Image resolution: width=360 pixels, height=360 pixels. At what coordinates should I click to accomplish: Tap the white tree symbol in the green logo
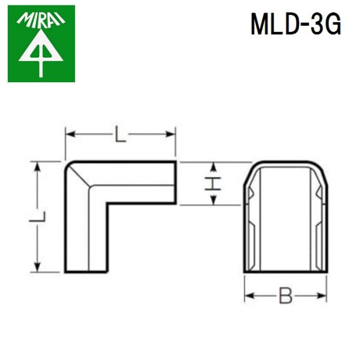click(41, 53)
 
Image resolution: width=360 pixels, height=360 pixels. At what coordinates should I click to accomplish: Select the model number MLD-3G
click(296, 25)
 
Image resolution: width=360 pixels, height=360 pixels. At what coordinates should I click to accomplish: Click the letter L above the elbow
click(121, 136)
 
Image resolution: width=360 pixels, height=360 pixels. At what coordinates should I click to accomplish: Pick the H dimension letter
click(211, 184)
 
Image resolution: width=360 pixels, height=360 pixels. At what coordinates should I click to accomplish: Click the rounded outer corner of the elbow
click(69, 166)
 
